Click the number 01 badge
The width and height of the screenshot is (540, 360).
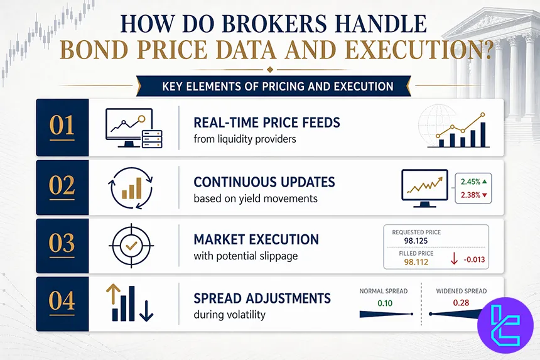pyautogui.click(x=62, y=128)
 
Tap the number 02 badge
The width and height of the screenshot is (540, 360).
pyautogui.click(x=62, y=187)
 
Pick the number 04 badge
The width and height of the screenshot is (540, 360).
pyautogui.click(x=62, y=302)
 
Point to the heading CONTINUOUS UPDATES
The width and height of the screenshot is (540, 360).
pyautogui.click(x=264, y=182)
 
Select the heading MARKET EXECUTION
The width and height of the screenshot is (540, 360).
pyautogui.click(x=256, y=239)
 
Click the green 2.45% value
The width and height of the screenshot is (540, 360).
pyautogui.click(x=471, y=182)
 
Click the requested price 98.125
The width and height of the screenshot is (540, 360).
pyautogui.click(x=408, y=241)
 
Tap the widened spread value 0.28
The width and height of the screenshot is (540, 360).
pyautogui.click(x=462, y=303)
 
